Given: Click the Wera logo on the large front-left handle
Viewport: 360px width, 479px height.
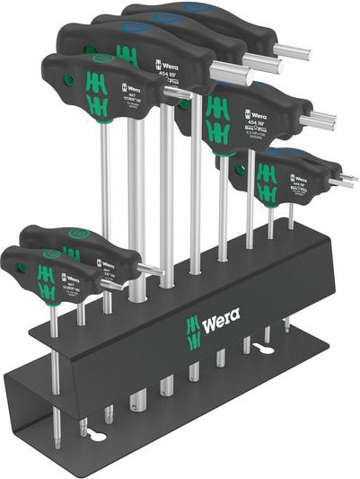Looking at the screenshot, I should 130,88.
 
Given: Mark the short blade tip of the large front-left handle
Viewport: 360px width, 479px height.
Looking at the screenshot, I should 179,93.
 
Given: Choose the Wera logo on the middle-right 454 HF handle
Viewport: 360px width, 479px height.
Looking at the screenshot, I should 253,115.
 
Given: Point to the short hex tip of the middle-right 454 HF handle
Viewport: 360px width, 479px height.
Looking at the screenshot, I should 318,119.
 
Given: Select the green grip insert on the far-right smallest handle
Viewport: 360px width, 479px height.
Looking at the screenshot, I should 267,181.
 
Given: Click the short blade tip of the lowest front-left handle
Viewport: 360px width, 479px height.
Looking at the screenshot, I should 115,284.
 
